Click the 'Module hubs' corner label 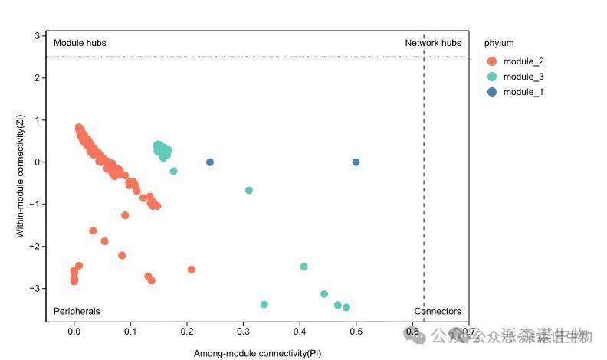(x=80, y=44)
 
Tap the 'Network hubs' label (x=433, y=44)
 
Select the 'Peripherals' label (x=77, y=312)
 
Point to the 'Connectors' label (x=438, y=312)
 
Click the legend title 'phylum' (x=499, y=43)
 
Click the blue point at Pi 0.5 (x=356, y=162)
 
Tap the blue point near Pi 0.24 (x=210, y=162)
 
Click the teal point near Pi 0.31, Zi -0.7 (x=249, y=190)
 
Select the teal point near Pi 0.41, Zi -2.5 (x=304, y=267)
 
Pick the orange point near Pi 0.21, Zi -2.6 (x=192, y=270)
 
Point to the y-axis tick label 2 (x=36, y=77)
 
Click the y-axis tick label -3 (x=34, y=288)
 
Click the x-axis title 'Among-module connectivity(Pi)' (x=257, y=353)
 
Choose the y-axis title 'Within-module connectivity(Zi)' (x=21, y=176)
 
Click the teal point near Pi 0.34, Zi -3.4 (x=264, y=304)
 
